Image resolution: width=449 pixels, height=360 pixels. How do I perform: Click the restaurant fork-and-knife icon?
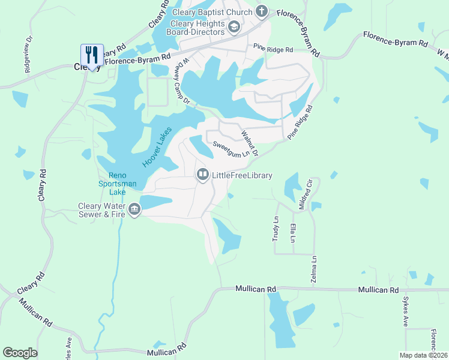click(x=92, y=55)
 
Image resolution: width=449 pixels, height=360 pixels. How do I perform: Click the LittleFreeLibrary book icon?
click(x=202, y=175)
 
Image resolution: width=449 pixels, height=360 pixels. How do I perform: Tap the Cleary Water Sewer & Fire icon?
click(x=134, y=210)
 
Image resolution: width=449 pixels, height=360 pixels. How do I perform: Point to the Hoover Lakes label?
click(x=157, y=147)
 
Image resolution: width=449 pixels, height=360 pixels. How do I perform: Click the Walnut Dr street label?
click(x=250, y=143)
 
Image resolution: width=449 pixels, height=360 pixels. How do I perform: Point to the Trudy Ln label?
click(x=276, y=229)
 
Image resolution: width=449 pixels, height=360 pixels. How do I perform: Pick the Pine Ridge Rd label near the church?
click(x=273, y=49)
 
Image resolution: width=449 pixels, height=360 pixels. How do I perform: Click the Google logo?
click(x=20, y=353)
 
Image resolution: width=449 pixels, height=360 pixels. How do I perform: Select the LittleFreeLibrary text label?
click(x=243, y=175)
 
